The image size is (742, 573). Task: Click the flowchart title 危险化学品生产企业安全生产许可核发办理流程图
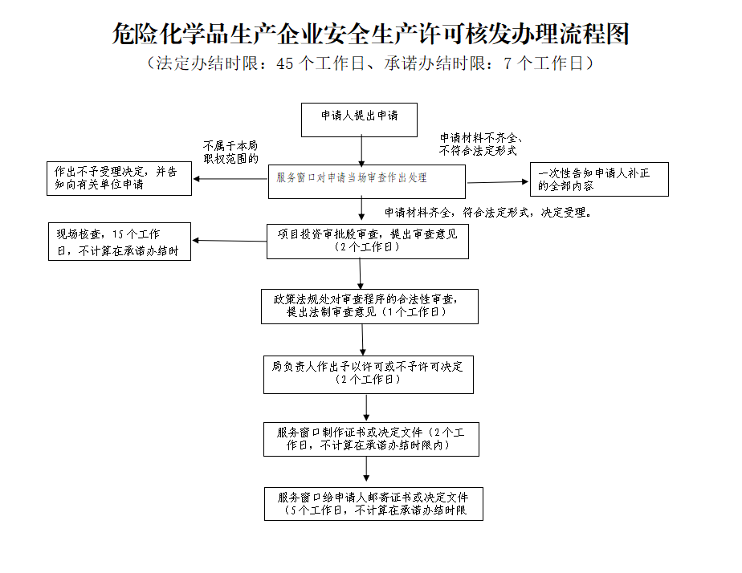pyautogui.click(x=370, y=34)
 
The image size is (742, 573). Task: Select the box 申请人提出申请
pyautogui.click(x=360, y=120)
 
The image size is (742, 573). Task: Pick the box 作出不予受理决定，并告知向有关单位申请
pyautogui.click(x=119, y=178)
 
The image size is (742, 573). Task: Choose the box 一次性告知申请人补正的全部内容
pyautogui.click(x=599, y=179)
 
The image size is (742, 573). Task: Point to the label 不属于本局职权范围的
pyautogui.click(x=230, y=152)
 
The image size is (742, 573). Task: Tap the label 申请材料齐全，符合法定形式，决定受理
pyautogui.click(x=488, y=213)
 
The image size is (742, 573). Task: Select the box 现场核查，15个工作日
pyautogui.click(x=120, y=242)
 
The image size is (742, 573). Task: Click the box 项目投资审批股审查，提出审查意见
pyautogui.click(x=367, y=241)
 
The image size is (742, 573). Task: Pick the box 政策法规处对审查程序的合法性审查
pyautogui.click(x=369, y=306)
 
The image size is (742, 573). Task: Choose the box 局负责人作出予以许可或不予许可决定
pyautogui.click(x=368, y=373)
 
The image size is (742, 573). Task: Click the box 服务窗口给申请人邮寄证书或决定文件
pyautogui.click(x=373, y=503)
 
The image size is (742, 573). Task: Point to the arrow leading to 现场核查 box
pyautogui.click(x=230, y=241)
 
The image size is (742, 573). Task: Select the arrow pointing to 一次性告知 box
pyautogui.click(x=498, y=182)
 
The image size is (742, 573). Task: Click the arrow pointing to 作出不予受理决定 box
pyautogui.click(x=231, y=178)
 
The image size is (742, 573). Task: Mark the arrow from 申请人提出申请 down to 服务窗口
pyautogui.click(x=362, y=151)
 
